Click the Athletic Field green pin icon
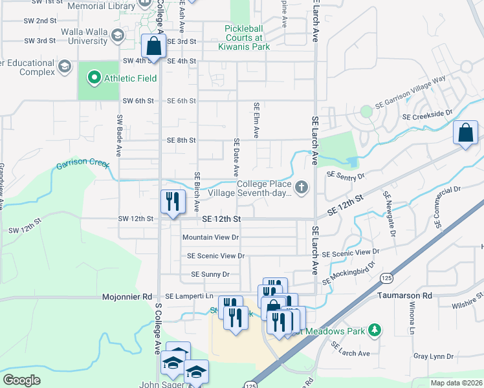tap(94, 79)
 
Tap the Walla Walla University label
tap(83, 36)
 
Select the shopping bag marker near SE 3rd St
tap(153, 47)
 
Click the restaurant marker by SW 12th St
tap(173, 202)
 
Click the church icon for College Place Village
tap(301, 188)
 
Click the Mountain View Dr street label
tap(210, 237)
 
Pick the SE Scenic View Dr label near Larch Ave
tap(350, 252)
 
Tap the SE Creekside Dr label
tap(427, 115)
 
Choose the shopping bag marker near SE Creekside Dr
tap(465, 134)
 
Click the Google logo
tap(21, 380)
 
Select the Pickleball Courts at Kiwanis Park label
tap(247, 38)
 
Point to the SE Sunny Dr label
tap(210, 274)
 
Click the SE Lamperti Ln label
tap(188, 296)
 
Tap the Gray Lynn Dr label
tap(430, 356)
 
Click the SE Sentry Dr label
tap(346, 175)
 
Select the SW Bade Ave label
tap(120, 136)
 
